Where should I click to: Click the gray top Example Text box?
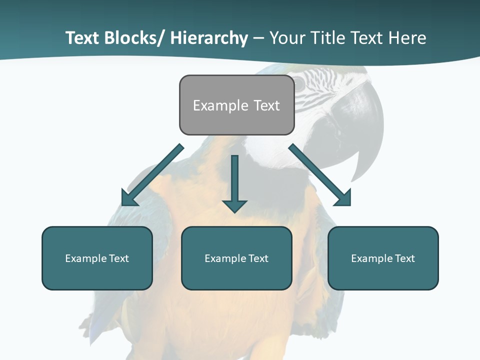[236, 105]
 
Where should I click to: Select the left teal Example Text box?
[97, 258]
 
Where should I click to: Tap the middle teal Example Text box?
[236, 258]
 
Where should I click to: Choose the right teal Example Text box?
[383, 258]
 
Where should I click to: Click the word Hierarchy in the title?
[209, 38]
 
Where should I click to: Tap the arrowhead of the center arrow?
[234, 205]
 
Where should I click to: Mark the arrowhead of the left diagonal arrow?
[128, 199]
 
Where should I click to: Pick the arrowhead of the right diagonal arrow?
[344, 198]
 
